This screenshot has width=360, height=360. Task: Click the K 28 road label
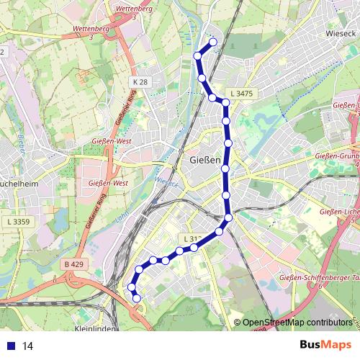140,84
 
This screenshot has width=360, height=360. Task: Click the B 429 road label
73,264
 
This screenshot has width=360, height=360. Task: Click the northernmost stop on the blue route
212,42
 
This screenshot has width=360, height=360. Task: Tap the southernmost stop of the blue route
136,298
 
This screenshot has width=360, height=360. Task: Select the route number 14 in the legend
28,346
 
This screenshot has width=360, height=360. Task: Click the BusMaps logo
324,346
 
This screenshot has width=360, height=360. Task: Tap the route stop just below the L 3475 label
225,103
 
